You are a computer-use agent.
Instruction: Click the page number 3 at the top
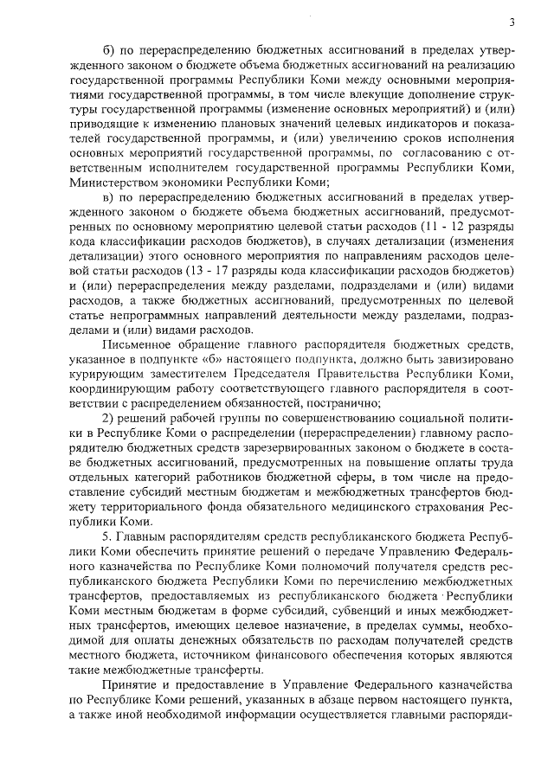coord(512,22)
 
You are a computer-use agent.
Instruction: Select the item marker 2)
coord(109,418)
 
